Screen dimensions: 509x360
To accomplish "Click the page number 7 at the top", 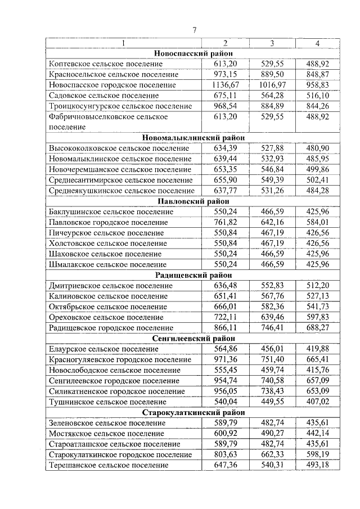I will (194, 30).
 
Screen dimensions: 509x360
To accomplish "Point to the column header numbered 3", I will (272, 43).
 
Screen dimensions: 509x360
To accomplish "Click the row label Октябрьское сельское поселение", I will (111, 307).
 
